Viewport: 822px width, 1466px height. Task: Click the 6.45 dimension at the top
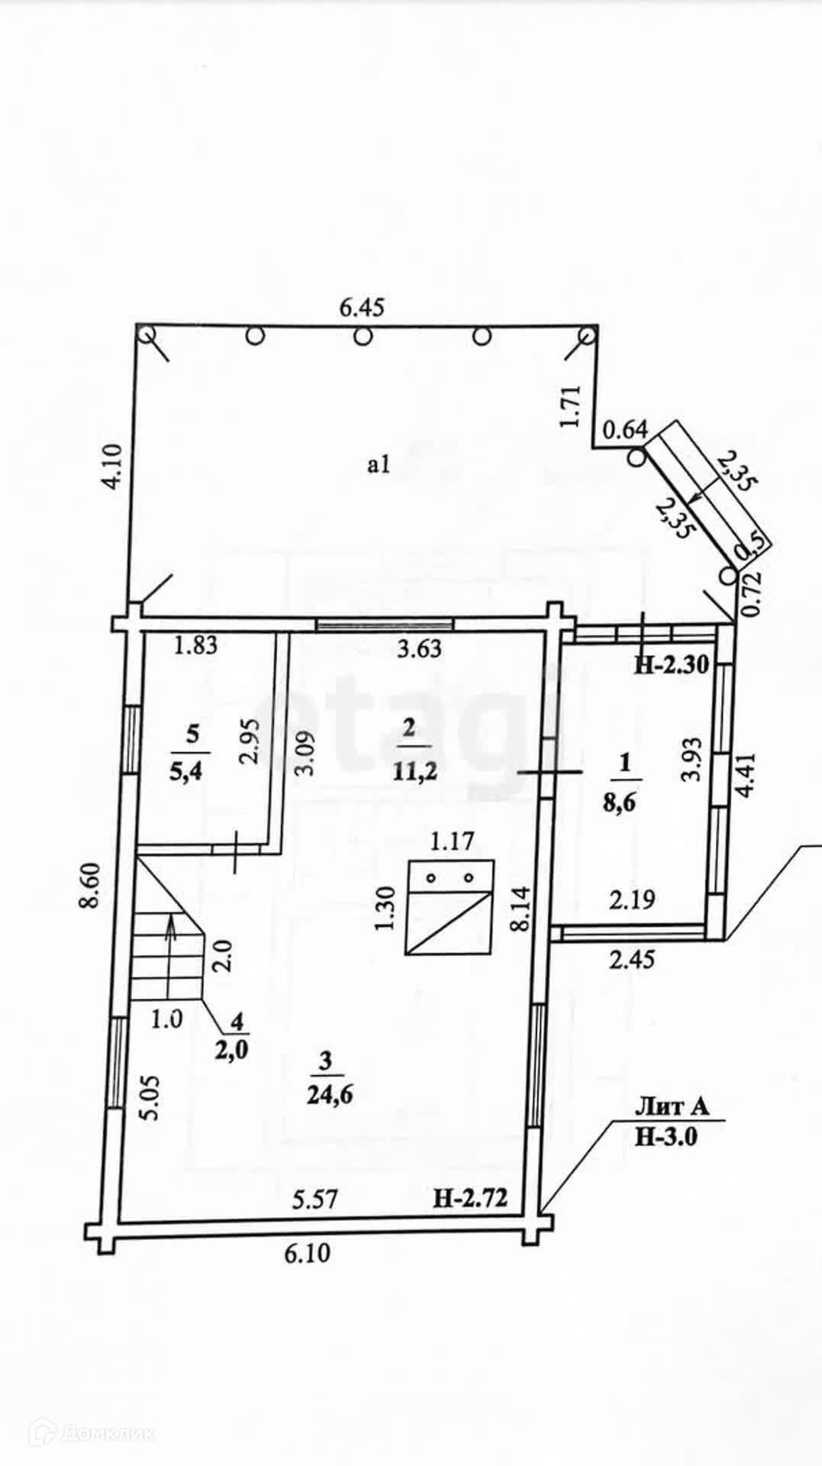click(362, 308)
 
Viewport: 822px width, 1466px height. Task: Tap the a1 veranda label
click(379, 464)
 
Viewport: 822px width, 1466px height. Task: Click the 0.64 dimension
click(624, 431)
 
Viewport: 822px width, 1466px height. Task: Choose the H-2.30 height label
click(672, 665)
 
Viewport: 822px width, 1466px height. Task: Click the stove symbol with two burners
click(450, 907)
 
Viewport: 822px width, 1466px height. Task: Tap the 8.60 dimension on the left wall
click(92, 884)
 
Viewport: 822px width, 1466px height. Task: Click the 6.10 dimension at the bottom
click(308, 1253)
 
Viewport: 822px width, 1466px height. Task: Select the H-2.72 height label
click(470, 1198)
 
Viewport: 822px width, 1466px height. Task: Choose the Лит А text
click(672, 1106)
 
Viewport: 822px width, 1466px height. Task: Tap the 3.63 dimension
click(420, 648)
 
